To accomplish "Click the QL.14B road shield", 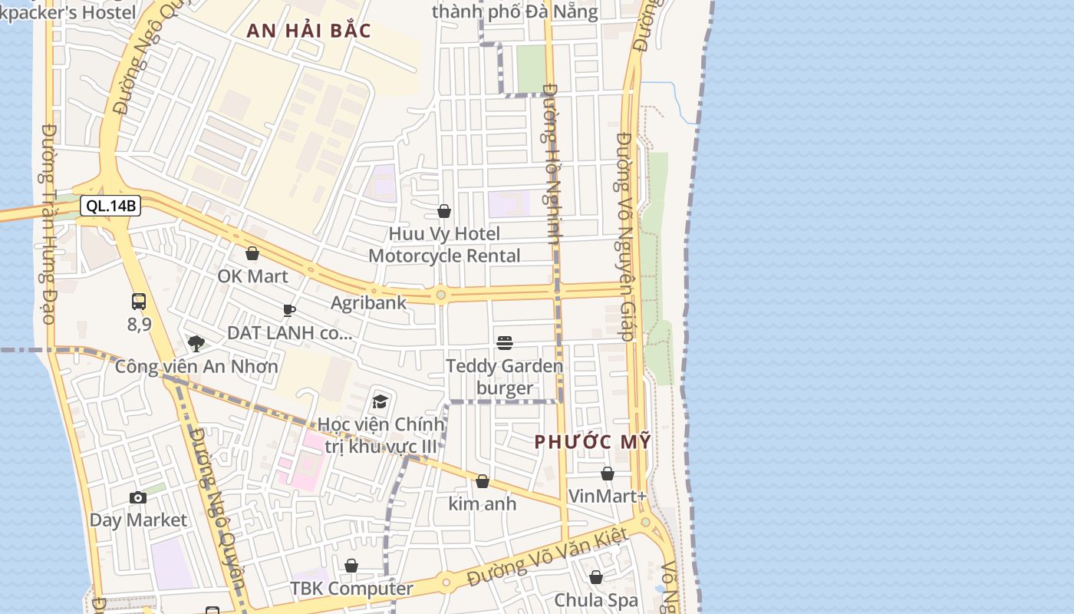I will click(110, 206).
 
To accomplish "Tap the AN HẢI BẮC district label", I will click(309, 31).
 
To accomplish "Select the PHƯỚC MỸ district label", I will click(592, 442).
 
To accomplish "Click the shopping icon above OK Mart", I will click(252, 253).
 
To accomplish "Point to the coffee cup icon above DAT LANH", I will click(289, 310).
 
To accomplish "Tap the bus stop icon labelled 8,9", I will click(139, 302).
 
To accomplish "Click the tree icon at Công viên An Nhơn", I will click(196, 343).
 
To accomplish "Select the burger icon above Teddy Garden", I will click(504, 342).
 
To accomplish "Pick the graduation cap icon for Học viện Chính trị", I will click(380, 401).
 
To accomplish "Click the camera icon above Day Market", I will click(138, 497).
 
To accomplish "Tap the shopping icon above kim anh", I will click(483, 481).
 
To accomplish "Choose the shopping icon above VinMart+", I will click(608, 474).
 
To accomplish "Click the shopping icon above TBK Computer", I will click(351, 566).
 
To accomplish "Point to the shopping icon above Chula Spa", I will click(596, 577).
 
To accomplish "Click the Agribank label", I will click(368, 302).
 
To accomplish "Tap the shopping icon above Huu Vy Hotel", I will click(444, 211).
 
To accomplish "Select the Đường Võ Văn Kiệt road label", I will click(548, 557).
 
